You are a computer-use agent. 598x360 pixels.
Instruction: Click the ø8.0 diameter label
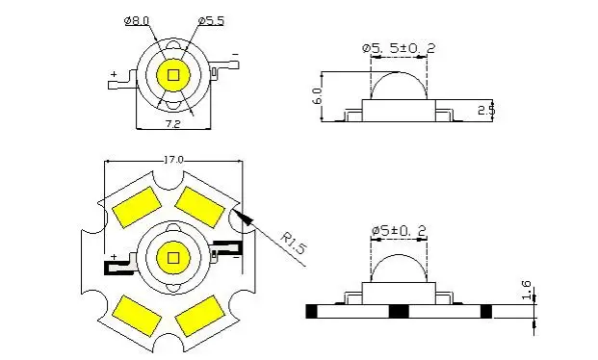point(137,20)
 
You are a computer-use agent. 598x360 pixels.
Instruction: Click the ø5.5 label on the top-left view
point(211,20)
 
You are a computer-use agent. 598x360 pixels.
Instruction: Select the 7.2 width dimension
point(172,124)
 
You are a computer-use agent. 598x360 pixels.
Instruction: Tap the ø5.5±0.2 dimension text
point(399,48)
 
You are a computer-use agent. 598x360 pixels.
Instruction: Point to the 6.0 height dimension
point(318,95)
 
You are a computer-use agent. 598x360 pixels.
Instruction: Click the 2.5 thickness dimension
point(486,110)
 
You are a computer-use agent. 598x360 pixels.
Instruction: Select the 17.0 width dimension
point(173,160)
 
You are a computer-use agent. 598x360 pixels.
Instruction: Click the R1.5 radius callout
point(294,243)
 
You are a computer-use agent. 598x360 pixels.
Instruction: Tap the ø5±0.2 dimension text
point(399,231)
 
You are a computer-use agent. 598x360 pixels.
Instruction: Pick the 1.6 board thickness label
point(526,290)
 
